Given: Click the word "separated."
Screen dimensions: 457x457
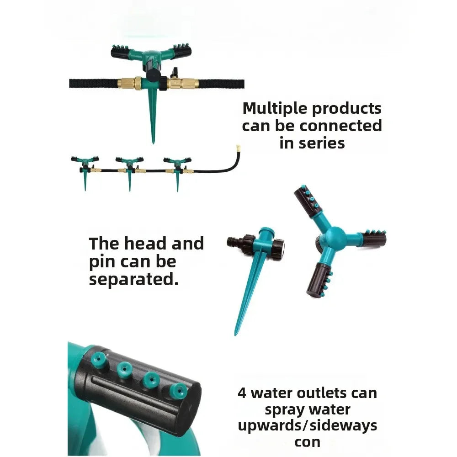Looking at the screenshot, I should (x=133, y=279).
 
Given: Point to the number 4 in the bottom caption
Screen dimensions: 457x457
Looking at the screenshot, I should (x=242, y=393).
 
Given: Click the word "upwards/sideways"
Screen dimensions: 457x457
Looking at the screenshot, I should (x=307, y=426).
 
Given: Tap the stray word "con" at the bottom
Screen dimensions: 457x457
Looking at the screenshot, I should (x=307, y=442).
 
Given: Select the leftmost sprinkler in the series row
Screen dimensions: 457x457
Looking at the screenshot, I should (x=85, y=167).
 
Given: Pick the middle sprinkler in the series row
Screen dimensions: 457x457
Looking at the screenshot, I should (x=129, y=167).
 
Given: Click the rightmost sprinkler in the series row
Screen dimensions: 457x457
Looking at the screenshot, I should (x=178, y=167).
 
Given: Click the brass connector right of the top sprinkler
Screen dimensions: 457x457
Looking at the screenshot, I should (x=182, y=83).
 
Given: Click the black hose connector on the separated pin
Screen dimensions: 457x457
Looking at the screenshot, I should (x=238, y=242).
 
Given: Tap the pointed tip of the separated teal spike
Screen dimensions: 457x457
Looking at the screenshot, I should (x=236, y=333).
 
